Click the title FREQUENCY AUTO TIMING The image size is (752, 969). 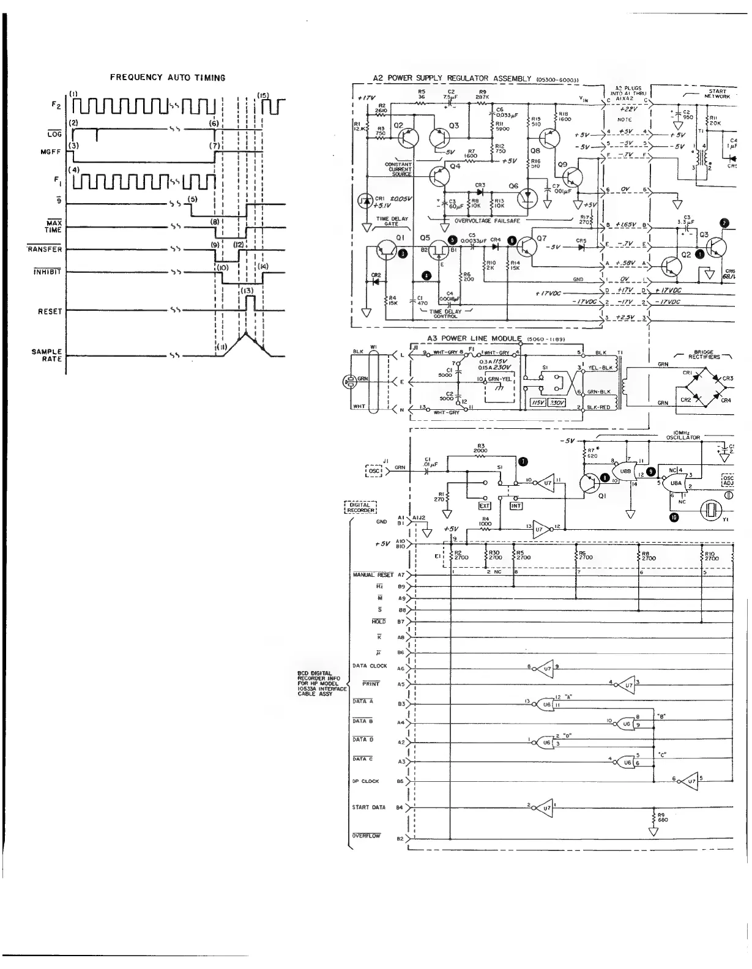pyautogui.click(x=168, y=78)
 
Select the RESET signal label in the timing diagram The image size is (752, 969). pyautogui.click(x=50, y=311)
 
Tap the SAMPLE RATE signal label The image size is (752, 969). pyautogui.click(x=47, y=355)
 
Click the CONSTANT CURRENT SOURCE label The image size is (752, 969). pyautogui.click(x=398, y=169)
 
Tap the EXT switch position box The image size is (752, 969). pyautogui.click(x=485, y=506)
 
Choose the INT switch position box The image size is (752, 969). pyautogui.click(x=516, y=506)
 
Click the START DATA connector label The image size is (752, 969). pyautogui.click(x=369, y=807)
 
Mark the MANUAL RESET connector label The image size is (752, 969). pyautogui.click(x=373, y=574)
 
